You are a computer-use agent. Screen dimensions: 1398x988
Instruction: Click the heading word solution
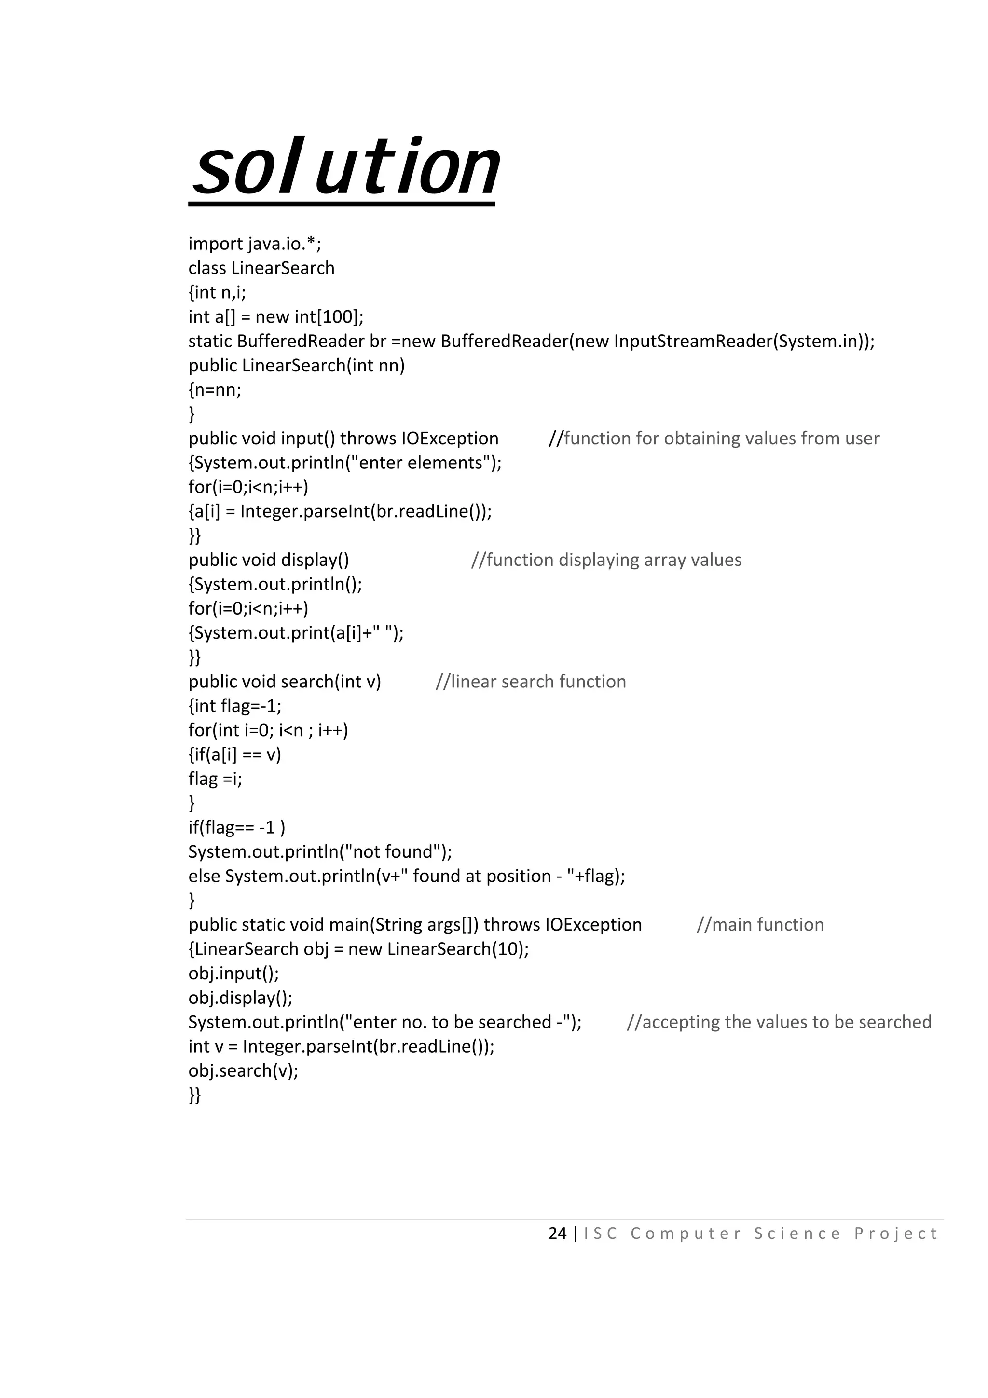(x=344, y=167)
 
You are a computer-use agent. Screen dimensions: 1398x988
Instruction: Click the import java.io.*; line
(x=254, y=244)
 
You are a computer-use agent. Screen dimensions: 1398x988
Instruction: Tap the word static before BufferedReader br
(x=210, y=341)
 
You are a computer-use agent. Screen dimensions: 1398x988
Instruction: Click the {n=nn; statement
(x=215, y=390)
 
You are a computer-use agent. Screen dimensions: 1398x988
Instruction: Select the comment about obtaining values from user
(x=714, y=439)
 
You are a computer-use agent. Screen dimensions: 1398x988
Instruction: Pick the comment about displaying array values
(x=606, y=560)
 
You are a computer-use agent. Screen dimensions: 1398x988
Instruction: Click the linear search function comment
(x=531, y=681)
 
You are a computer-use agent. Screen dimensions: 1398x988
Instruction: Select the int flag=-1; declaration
(x=235, y=706)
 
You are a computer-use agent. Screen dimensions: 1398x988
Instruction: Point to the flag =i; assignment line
(x=215, y=779)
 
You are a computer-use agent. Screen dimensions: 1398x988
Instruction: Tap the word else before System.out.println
(x=204, y=876)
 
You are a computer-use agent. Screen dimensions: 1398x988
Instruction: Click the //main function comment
(x=760, y=925)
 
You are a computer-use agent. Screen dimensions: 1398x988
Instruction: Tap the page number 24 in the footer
(x=557, y=1234)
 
